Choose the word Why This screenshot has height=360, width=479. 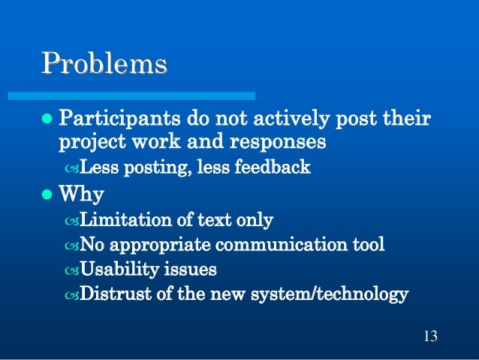click(x=81, y=195)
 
